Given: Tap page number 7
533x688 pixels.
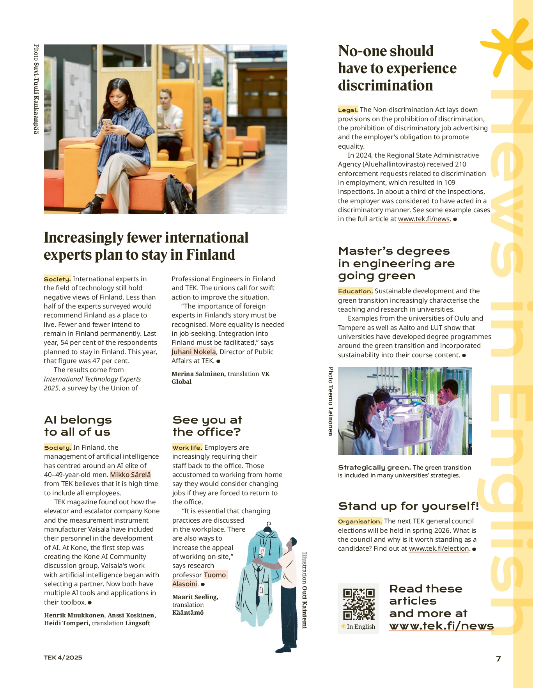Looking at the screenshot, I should coord(498,659).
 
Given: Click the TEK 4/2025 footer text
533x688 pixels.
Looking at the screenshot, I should coord(63,658).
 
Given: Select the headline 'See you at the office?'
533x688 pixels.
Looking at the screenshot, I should coord(207,426).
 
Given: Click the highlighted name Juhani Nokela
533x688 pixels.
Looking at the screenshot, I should coord(194,352).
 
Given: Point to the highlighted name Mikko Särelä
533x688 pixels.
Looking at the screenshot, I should coord(130,475).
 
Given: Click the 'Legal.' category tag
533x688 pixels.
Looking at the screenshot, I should coord(348,110).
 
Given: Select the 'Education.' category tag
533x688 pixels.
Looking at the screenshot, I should coord(355,291).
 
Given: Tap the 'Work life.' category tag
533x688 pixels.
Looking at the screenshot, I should coord(187,448).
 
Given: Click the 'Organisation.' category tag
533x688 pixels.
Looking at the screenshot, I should coord(360,521).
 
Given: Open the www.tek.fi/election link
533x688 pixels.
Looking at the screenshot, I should coord(439,549).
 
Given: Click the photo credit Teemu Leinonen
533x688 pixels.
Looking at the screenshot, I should coord(331,401).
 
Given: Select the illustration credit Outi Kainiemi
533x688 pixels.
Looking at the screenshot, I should coord(305,590).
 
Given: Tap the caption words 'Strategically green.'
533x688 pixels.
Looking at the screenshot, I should coord(374,468).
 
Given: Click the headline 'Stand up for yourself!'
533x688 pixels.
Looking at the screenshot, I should coord(408,506).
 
